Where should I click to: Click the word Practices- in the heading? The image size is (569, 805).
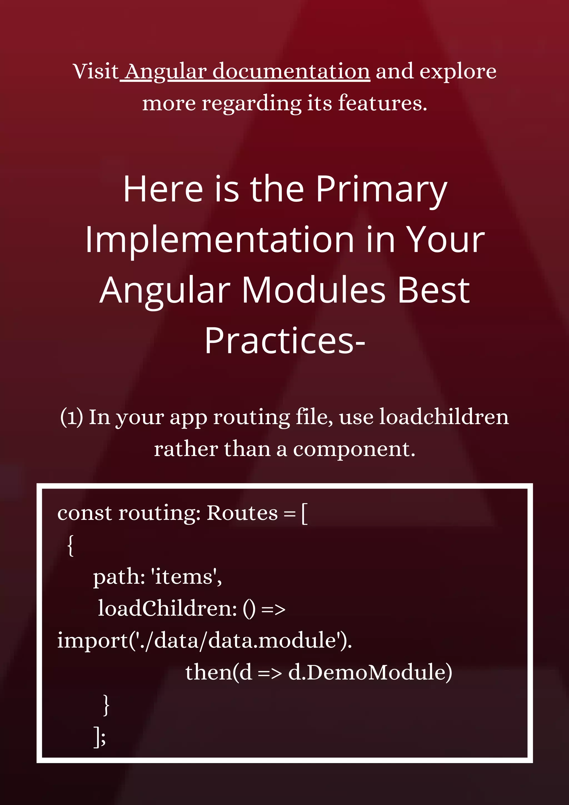285,341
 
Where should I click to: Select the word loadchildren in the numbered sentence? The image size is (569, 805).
444,417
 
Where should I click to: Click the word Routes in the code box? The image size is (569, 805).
242,513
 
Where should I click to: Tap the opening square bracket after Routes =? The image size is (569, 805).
304,514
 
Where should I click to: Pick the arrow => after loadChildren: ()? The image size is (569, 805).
273,610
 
